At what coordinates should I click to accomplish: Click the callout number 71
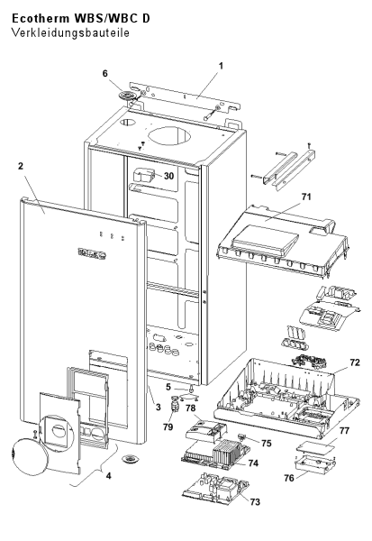306,197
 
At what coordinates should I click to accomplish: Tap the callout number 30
168,176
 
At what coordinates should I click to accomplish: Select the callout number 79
168,426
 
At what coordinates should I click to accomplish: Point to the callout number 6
105,74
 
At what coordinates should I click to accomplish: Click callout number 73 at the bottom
255,501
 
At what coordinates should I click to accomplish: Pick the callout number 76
289,478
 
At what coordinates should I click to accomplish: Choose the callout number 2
21,166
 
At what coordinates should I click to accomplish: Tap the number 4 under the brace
109,476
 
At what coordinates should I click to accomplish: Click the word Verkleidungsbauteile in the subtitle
70,32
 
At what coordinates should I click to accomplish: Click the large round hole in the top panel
169,134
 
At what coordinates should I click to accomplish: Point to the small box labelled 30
142,176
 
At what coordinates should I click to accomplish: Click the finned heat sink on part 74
225,450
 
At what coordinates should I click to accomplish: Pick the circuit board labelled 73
216,487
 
